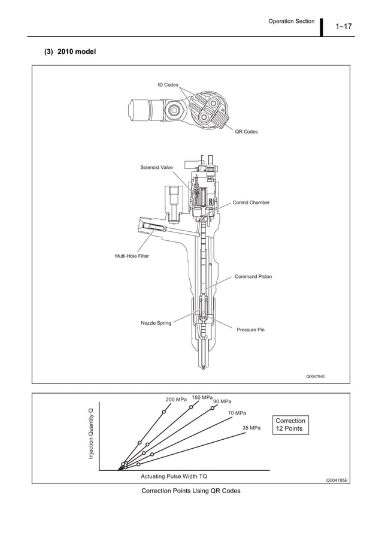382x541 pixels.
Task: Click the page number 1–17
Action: [344, 26]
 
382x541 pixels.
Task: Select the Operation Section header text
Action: [291, 21]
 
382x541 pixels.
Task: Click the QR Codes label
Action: [246, 131]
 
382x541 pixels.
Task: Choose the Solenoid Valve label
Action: [156, 167]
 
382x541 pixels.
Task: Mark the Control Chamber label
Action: [251, 203]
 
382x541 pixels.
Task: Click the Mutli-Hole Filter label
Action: [132, 256]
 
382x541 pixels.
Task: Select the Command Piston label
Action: [253, 277]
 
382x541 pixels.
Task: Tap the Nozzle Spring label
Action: [156, 323]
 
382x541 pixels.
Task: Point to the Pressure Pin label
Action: [250, 330]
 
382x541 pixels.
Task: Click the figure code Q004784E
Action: [319, 377]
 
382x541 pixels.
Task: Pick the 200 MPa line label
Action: [176, 400]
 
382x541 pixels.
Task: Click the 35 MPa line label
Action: [251, 428]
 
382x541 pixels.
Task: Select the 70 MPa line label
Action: [237, 413]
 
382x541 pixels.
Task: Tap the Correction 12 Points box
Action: [290, 425]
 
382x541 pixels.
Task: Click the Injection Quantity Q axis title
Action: [92, 434]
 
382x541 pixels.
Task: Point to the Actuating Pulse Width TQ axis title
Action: [174, 476]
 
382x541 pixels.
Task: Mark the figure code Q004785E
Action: [336, 480]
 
